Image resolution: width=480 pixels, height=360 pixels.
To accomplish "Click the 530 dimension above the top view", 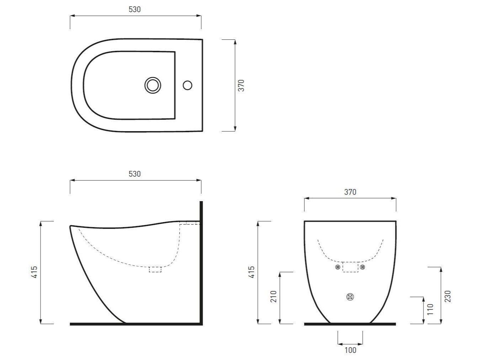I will (x=135, y=10).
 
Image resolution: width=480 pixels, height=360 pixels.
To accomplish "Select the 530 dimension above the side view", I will (x=135, y=174).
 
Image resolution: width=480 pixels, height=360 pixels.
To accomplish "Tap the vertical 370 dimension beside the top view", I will (x=241, y=86).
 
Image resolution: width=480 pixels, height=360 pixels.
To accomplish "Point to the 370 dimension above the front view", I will (x=350, y=192).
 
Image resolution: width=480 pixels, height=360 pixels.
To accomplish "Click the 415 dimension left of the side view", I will (x=34, y=272).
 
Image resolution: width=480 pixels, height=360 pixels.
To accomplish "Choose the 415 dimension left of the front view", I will (x=251, y=272).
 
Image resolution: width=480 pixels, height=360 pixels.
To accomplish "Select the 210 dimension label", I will (x=273, y=297).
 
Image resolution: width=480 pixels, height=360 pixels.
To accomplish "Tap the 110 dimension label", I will (x=431, y=310).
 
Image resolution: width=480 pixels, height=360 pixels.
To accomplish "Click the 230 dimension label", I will (x=448, y=296).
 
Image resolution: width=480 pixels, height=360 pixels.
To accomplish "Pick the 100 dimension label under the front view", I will (x=350, y=350).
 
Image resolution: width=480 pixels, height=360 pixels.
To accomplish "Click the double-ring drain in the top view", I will (x=153, y=85).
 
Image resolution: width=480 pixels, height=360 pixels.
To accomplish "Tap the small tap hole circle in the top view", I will (x=187, y=85).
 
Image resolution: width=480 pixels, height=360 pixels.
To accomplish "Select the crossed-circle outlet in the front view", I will (x=350, y=297).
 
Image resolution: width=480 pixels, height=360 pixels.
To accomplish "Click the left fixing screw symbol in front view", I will (x=337, y=267).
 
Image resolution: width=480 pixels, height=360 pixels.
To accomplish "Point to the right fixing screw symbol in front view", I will (x=362, y=267).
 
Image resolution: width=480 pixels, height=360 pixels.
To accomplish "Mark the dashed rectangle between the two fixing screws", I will (x=350, y=267).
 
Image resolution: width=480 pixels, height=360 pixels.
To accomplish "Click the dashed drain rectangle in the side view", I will (x=155, y=269).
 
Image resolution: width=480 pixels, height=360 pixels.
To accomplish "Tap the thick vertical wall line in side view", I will (x=201, y=263).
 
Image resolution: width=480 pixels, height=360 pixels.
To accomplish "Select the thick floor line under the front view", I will (x=350, y=324).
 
